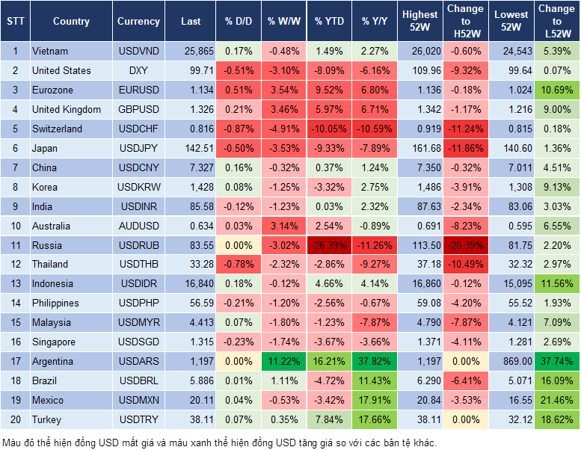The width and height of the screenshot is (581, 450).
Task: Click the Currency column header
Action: [138, 22]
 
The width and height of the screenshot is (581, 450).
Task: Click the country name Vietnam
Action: [50, 52]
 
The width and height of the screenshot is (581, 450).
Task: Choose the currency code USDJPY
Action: [138, 148]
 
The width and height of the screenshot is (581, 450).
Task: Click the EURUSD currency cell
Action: [138, 90]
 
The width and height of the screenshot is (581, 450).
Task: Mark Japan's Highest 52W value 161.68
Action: [420, 148]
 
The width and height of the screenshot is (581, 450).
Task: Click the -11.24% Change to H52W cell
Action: [465, 129]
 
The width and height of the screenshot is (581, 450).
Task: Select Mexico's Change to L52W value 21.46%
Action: [557, 401]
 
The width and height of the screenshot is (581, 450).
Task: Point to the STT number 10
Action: [15, 226]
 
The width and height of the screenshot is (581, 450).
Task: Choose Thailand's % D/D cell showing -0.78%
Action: [238, 264]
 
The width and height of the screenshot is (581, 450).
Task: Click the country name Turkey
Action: [47, 420]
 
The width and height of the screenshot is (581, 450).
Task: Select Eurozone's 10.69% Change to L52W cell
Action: [557, 90]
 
